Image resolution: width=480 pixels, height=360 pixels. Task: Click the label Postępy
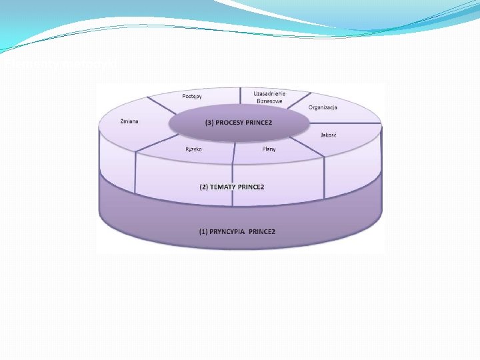(192, 97)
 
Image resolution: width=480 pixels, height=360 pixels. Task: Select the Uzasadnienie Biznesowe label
(269, 98)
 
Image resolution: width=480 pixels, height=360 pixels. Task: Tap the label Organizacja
(323, 107)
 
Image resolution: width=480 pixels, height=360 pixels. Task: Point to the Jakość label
(328, 135)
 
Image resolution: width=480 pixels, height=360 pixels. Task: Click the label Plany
(269, 149)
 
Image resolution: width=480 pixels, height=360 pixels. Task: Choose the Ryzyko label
(194, 149)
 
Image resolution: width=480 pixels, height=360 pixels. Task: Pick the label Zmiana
(129, 121)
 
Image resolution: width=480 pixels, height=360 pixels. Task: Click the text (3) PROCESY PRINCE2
(239, 123)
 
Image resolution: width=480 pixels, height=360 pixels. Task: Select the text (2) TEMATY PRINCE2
(232, 187)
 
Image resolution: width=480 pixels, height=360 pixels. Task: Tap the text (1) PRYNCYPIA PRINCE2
(237, 231)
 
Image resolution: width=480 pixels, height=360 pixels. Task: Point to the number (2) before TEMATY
(204, 187)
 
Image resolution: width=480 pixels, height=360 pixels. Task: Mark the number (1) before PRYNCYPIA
(203, 231)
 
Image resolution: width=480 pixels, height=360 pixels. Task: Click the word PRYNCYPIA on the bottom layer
(227, 231)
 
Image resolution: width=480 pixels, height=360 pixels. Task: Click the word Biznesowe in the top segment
(269, 102)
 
